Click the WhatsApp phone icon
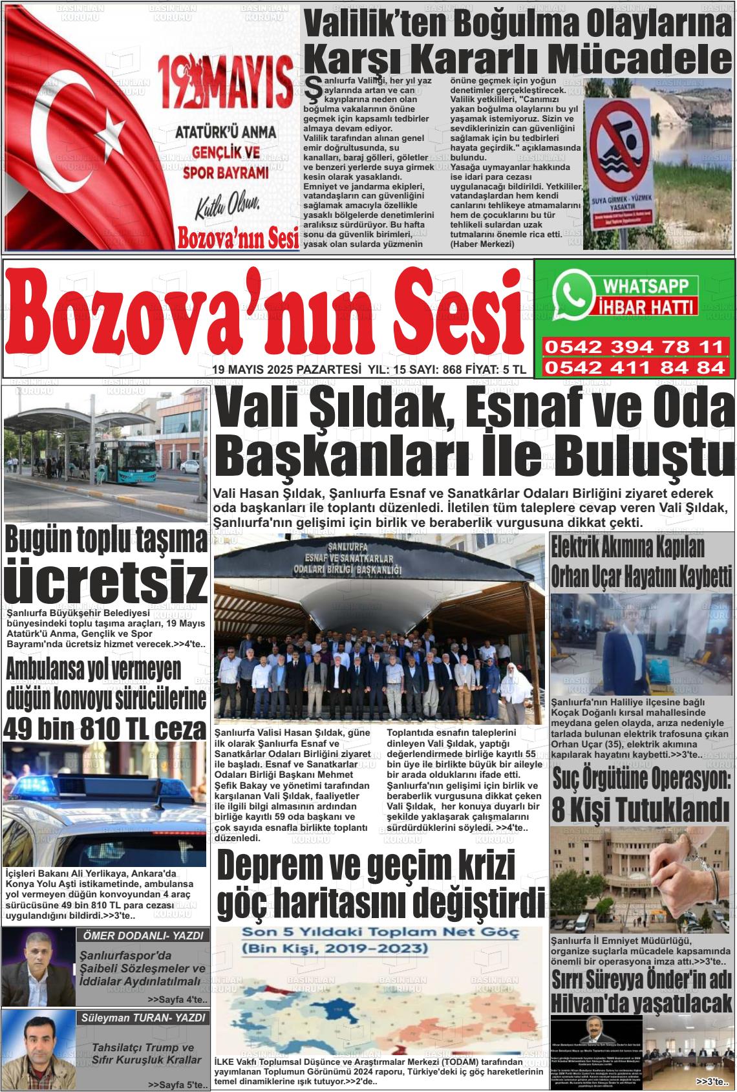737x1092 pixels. [573, 295]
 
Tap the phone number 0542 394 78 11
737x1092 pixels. [634, 347]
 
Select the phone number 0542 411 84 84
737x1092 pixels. [634, 367]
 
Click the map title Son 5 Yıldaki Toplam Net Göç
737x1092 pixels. [378, 933]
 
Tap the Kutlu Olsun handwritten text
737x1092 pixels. [228, 208]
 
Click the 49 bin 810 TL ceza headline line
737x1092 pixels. [105, 729]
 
